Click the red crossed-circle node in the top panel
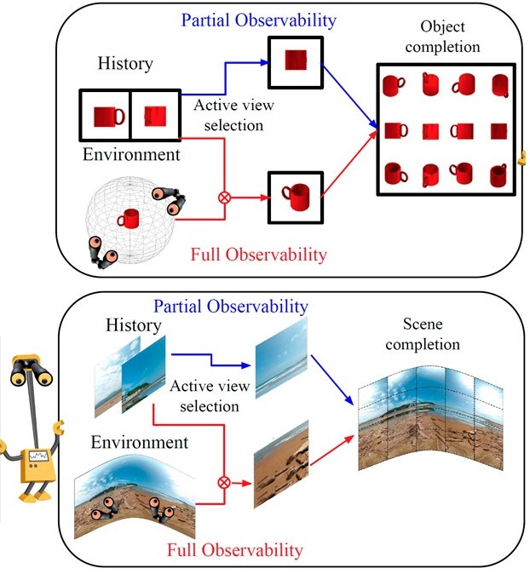click(226, 198)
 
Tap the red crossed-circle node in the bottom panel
click(225, 482)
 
